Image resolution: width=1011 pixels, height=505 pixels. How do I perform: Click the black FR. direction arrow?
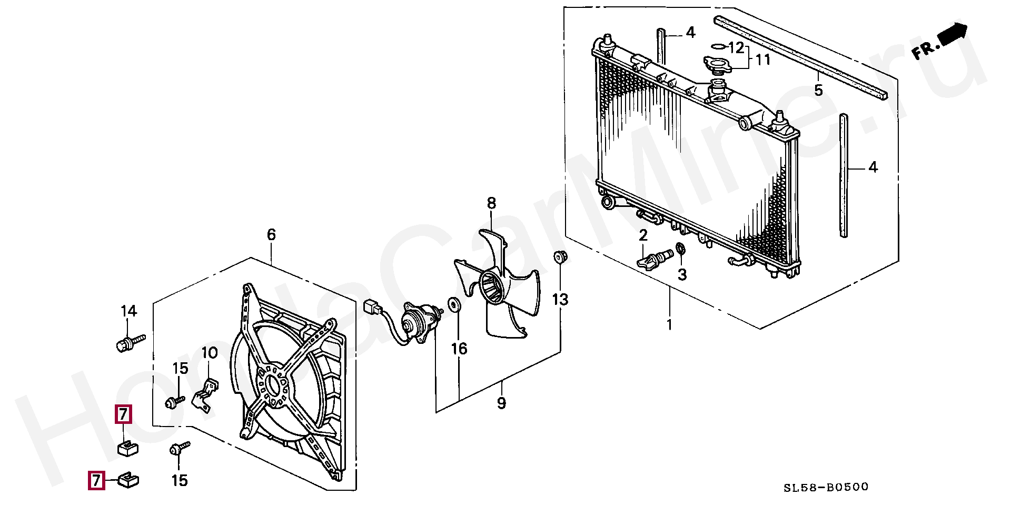pos(952,35)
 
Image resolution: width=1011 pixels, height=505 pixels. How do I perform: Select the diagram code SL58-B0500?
pos(826,488)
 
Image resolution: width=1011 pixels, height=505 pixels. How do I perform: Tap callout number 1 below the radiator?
pos(669,324)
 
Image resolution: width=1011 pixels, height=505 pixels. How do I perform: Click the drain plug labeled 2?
pos(655,259)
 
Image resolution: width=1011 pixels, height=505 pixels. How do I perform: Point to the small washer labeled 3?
pos(680,248)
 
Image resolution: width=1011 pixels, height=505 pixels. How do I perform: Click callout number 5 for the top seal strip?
pos(818,90)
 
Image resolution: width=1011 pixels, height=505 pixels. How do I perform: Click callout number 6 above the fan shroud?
pos(271,235)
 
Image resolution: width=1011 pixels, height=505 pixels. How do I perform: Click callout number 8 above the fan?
pos(491,203)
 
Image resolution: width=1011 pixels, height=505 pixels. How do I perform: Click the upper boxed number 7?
pos(123,414)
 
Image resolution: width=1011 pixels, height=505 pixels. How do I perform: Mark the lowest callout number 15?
pos(180,480)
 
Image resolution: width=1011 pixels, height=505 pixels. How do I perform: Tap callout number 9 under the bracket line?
pos(501,403)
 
